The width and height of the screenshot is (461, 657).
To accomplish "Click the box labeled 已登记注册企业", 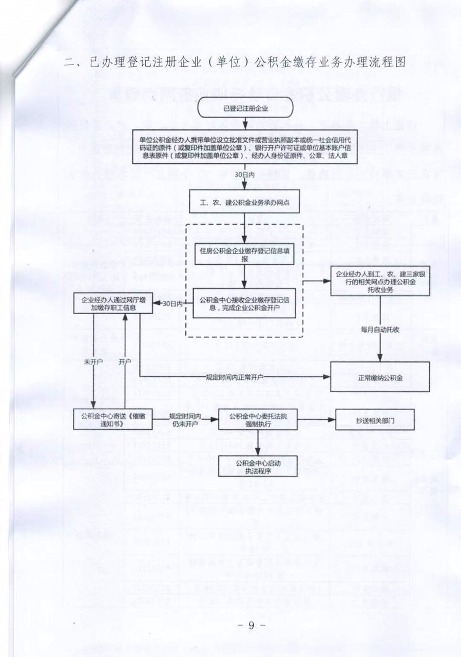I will click(x=245, y=108).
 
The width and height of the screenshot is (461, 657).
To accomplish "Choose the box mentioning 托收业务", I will click(x=379, y=281).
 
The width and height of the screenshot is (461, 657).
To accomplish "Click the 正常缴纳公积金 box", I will click(x=379, y=377).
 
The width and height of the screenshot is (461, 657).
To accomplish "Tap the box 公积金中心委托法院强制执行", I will click(x=257, y=419).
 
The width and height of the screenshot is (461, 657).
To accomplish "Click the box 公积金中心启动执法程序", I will click(x=257, y=466).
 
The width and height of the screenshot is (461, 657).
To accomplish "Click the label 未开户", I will click(x=92, y=362).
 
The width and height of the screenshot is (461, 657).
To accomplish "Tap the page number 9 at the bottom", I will click(x=252, y=625).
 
